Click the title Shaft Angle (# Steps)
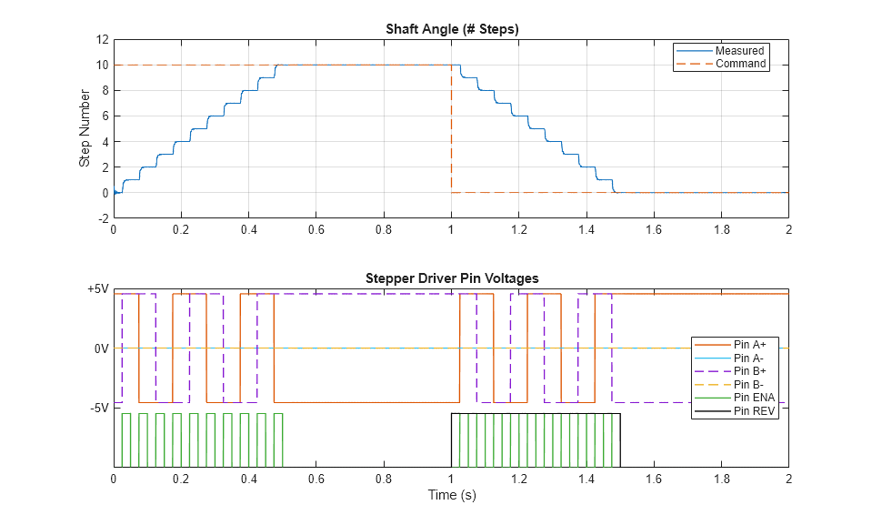pyautogui.click(x=451, y=29)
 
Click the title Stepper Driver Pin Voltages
pyautogui.click(x=451, y=278)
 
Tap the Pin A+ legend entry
pyautogui.click(x=751, y=345)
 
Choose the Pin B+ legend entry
pyautogui.click(x=751, y=371)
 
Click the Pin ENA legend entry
pyautogui.click(x=754, y=397)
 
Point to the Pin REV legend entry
pyautogui.click(x=754, y=410)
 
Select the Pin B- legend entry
pyautogui.click(x=750, y=384)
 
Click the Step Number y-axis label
pyautogui.click(x=85, y=128)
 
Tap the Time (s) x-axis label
pyautogui.click(x=451, y=496)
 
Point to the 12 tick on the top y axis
pyautogui.click(x=103, y=40)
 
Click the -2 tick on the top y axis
pyautogui.click(x=103, y=218)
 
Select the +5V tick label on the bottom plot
pyautogui.click(x=96, y=289)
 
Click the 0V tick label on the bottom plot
pyautogui.click(x=100, y=348)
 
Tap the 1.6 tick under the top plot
pyautogui.click(x=653, y=230)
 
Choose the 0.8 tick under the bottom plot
pyautogui.click(x=383, y=479)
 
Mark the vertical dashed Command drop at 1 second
pyautogui.click(x=451, y=127)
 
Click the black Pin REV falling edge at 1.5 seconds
pyautogui.click(x=620, y=441)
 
